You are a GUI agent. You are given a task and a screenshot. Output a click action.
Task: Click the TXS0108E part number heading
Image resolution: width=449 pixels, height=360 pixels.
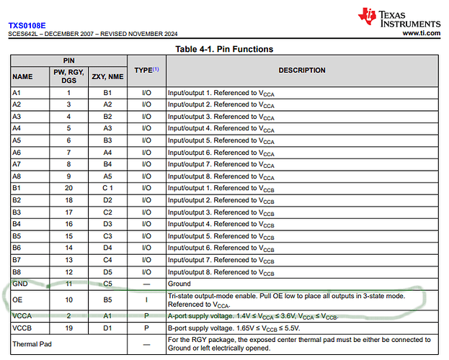tap(27, 24)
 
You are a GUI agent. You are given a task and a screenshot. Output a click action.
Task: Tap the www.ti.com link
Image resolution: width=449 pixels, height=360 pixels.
tap(421, 33)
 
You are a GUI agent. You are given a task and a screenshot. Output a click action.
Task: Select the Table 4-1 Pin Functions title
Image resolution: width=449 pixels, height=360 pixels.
tap(224, 49)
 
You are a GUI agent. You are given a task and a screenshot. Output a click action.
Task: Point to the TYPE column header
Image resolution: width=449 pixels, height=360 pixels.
tap(146, 71)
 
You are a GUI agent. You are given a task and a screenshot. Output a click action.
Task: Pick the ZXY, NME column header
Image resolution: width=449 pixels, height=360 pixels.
tap(107, 76)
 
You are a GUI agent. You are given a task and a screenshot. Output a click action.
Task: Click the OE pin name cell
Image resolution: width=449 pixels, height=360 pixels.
tap(17, 299)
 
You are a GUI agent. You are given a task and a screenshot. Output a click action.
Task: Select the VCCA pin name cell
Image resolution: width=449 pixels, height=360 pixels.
tap(21, 316)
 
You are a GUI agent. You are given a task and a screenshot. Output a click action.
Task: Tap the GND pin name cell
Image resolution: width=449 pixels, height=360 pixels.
tap(20, 284)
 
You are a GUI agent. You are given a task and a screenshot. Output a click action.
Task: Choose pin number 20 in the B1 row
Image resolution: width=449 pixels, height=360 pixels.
tap(69, 188)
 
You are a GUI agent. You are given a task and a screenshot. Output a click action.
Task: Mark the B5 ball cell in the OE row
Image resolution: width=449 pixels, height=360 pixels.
tap(107, 299)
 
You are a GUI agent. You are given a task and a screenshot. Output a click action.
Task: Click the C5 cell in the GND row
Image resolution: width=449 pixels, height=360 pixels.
tap(107, 284)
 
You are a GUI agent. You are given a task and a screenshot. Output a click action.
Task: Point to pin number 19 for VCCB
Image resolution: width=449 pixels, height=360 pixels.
tap(69, 328)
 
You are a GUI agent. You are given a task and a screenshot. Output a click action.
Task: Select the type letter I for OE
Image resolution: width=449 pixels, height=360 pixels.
tap(146, 299)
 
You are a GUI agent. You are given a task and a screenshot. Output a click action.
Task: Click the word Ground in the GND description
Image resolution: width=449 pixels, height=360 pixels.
tap(179, 284)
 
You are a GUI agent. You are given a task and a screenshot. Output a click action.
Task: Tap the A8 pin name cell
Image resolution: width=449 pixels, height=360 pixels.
tap(17, 176)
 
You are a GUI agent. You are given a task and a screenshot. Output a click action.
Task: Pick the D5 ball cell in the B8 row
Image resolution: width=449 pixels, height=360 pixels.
tap(107, 272)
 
